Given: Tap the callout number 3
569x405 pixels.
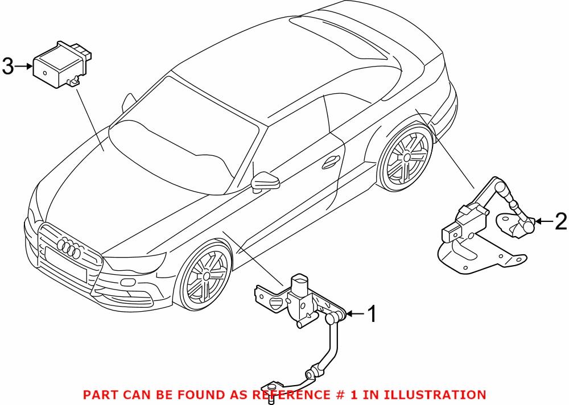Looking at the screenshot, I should (7, 67).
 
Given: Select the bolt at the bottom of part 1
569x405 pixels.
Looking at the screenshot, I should (271, 391).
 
